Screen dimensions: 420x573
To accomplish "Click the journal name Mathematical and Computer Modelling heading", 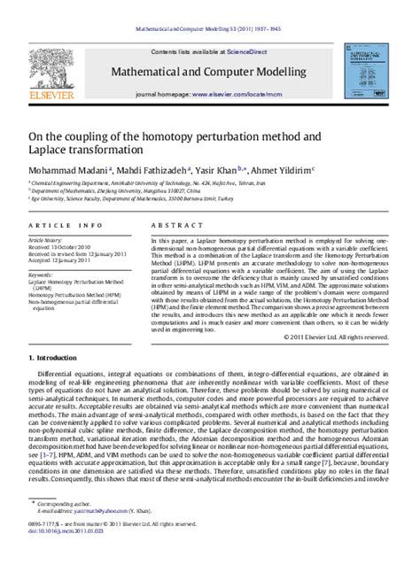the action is pos(214,71).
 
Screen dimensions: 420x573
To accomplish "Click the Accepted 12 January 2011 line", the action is pos(63,262).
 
